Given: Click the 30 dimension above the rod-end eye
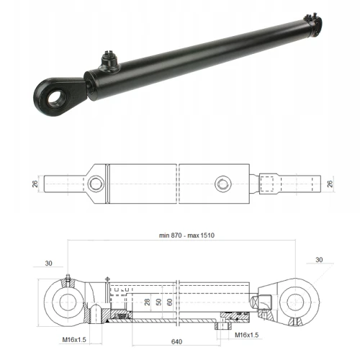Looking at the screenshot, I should click(x=320, y=259).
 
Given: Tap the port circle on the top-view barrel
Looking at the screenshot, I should click(x=222, y=183).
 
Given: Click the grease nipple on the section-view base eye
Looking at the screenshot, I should click(x=66, y=280).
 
